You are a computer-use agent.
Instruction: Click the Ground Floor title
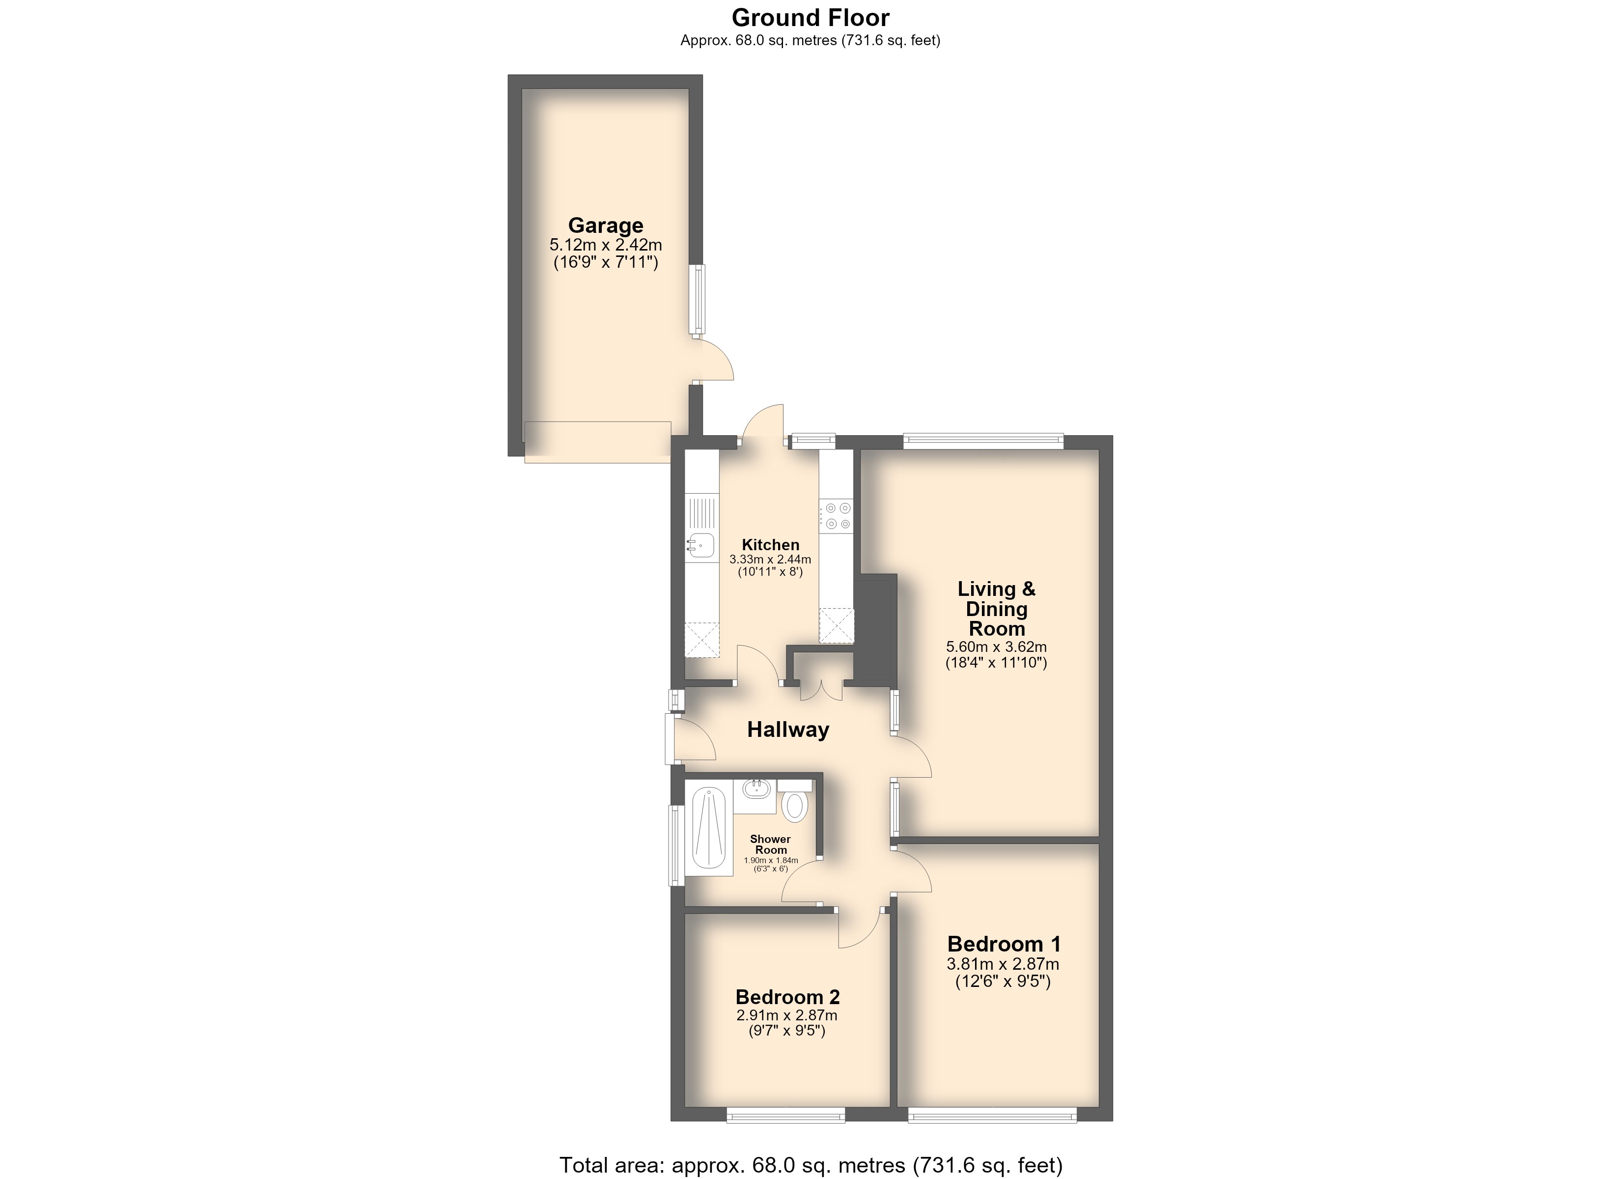click(x=810, y=17)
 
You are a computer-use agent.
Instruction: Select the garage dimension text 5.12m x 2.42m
click(x=605, y=245)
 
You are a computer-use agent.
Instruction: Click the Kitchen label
click(x=771, y=545)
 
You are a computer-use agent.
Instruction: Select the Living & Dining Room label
click(x=996, y=609)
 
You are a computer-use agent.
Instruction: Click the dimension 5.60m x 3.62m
click(x=996, y=647)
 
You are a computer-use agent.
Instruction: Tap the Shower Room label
click(x=771, y=844)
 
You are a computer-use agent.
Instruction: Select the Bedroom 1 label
click(x=1004, y=944)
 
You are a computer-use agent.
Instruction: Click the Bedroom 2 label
click(x=787, y=997)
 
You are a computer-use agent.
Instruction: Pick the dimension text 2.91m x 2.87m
click(x=787, y=1015)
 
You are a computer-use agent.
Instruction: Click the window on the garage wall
click(x=697, y=300)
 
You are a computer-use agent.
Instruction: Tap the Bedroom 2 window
click(x=786, y=1115)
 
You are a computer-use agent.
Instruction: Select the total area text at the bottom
click(x=810, y=1165)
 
